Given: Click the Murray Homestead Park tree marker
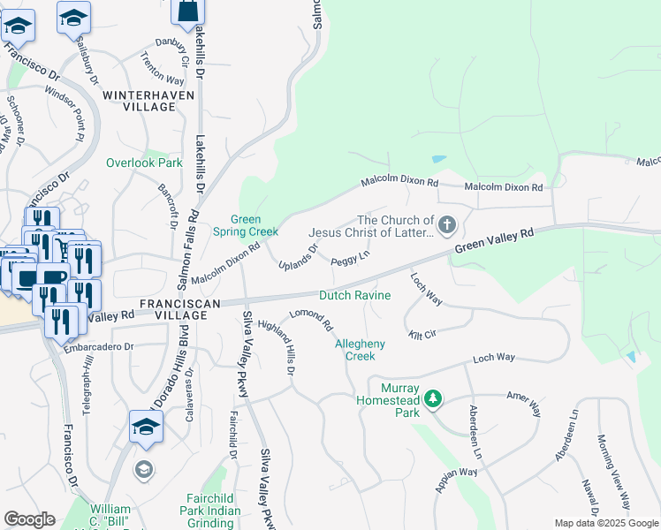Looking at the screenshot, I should [432, 400].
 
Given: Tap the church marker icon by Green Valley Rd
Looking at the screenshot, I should [447, 225].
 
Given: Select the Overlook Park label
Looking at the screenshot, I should [144, 163].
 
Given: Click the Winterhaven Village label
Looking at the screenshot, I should [140, 100].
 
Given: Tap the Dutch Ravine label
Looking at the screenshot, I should [354, 295].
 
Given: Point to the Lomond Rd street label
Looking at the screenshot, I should [311, 322].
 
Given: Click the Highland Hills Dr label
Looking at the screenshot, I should [281, 346].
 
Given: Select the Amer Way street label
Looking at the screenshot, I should [523, 406].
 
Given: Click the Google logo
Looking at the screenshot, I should [29, 519].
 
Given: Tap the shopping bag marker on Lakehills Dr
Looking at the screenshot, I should [187, 12].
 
